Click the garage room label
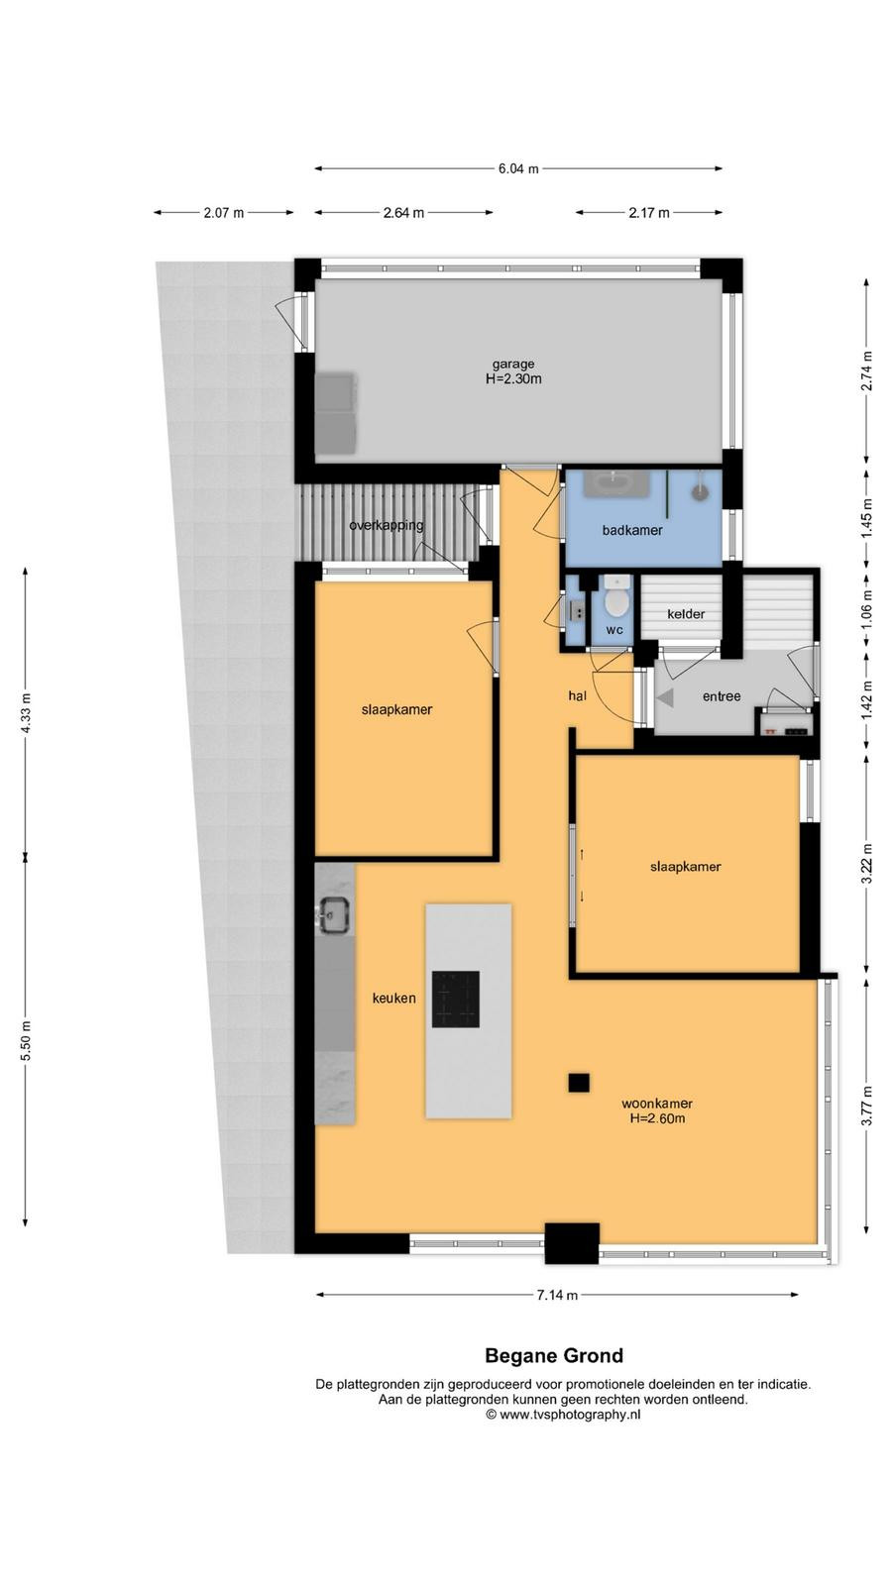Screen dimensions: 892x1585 click(513, 365)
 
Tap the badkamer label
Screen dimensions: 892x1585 click(632, 530)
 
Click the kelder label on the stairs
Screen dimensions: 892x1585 click(685, 614)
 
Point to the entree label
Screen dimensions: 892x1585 click(722, 696)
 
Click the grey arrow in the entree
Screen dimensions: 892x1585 click(665, 697)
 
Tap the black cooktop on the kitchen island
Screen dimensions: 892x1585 click(456, 1000)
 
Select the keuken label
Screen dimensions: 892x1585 click(394, 999)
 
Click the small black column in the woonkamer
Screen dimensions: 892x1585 click(579, 1083)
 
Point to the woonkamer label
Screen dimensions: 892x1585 click(657, 1104)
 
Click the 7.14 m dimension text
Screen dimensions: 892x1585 click(557, 1295)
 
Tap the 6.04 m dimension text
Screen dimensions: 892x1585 click(518, 169)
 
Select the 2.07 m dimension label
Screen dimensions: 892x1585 click(224, 212)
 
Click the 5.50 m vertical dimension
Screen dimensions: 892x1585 click(26, 1040)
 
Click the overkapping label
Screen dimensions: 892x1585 click(387, 525)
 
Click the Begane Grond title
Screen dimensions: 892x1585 click(554, 1356)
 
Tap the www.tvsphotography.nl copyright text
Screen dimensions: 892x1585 click(564, 1415)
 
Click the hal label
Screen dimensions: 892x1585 click(578, 696)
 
